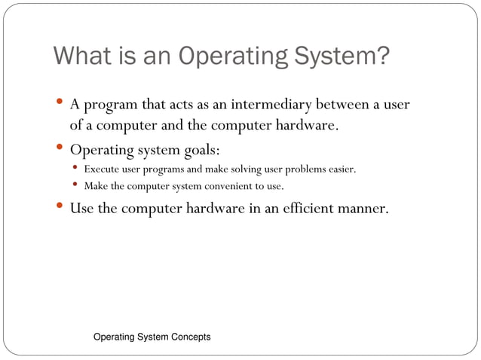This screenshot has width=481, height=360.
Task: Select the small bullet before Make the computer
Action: coord(76,185)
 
